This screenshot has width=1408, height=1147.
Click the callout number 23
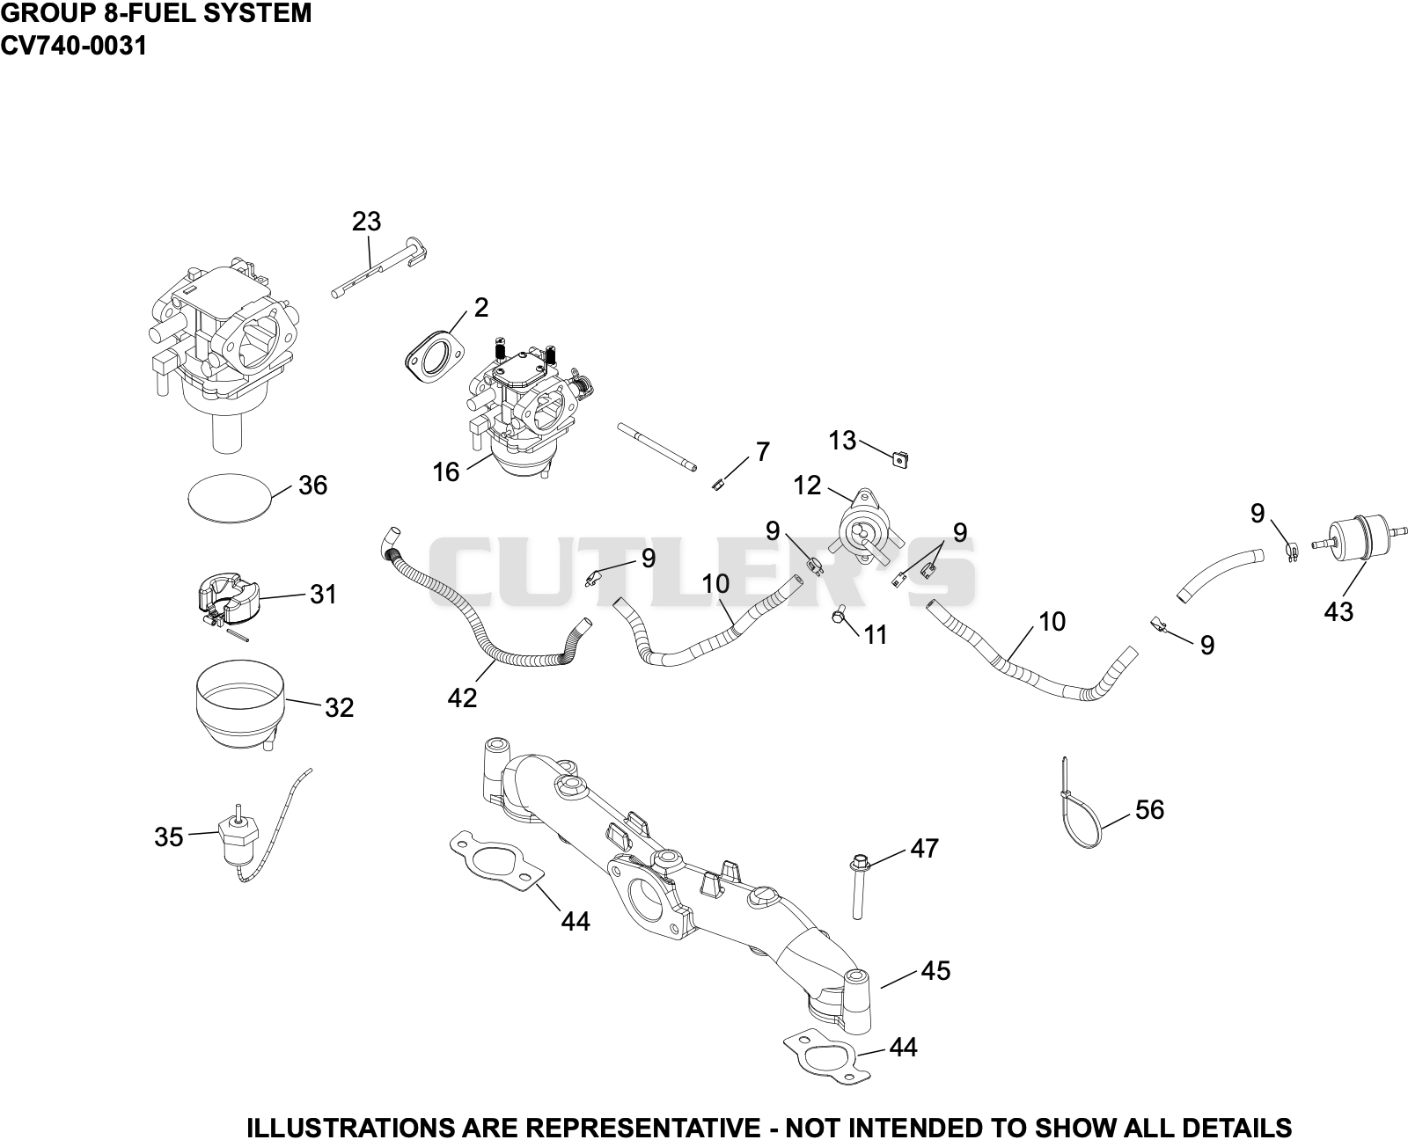point(366,222)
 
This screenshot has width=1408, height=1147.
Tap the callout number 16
point(445,471)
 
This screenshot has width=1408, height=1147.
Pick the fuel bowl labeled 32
point(240,705)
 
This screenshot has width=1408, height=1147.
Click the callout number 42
point(462,698)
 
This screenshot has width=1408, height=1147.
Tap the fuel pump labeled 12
point(867,528)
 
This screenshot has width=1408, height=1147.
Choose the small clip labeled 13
point(899,458)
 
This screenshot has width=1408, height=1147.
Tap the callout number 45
point(935,970)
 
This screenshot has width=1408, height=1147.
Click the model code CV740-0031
point(73,46)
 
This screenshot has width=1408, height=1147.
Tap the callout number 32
point(339,707)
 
